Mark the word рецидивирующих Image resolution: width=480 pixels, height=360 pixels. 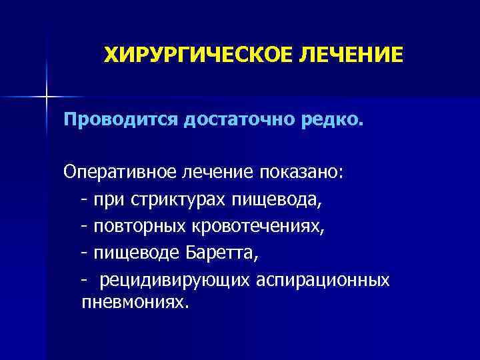[175, 280]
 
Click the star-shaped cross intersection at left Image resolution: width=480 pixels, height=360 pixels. [46, 97]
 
